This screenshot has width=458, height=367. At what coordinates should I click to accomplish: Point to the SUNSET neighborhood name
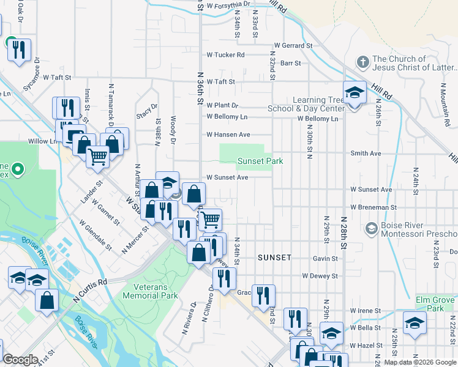pos(274,258)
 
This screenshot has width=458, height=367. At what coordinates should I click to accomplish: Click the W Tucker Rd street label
pos(225,55)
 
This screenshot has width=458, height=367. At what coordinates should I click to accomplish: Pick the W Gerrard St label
pos(293,46)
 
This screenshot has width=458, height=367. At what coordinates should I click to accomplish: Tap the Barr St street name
pos(290,63)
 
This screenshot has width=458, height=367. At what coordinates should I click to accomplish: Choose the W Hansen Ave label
pos(228,135)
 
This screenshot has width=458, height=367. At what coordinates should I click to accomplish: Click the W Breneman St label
pos(374,208)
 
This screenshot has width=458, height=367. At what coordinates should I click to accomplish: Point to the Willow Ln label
pos(42,141)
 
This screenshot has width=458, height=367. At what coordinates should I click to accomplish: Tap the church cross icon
pos(363,62)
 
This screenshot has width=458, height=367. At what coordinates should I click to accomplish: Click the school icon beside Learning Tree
pos(355,94)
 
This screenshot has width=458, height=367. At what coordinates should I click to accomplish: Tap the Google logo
pos(21,360)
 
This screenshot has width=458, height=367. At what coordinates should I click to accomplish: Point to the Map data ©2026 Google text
pos(420,362)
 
